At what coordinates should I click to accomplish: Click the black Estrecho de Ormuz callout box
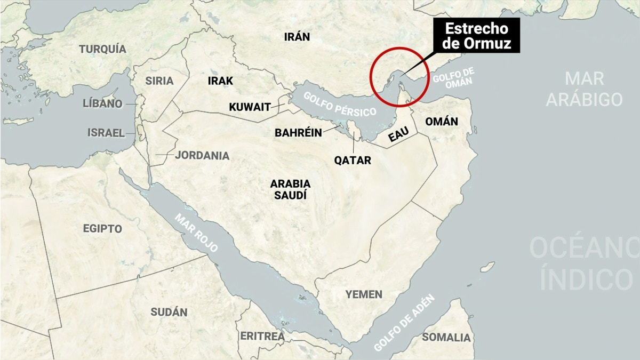pyautogui.click(x=476, y=36)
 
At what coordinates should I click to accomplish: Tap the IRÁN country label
pyautogui.click(x=297, y=36)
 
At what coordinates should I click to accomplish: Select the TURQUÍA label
pyautogui.click(x=103, y=49)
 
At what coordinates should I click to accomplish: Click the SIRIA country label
pyautogui.click(x=159, y=81)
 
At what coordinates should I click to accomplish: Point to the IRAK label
pyautogui.click(x=220, y=81)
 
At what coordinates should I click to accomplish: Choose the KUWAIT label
pyautogui.click(x=250, y=107)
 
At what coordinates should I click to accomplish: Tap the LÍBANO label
pyautogui.click(x=102, y=103)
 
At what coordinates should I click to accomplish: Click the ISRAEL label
pyautogui.click(x=106, y=133)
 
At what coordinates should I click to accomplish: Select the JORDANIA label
pyautogui.click(x=202, y=156)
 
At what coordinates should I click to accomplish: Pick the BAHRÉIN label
pyautogui.click(x=298, y=133)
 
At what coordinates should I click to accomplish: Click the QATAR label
pyautogui.click(x=352, y=159)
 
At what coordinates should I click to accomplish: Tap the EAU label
pyautogui.click(x=398, y=135)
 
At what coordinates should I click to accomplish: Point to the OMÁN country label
pyautogui.click(x=441, y=122)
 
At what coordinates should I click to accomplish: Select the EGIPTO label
pyautogui.click(x=102, y=229)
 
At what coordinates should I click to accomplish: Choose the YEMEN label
pyautogui.click(x=364, y=294)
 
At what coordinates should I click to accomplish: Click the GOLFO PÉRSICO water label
pyautogui.click(x=340, y=105)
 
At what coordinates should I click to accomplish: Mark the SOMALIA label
pyautogui.click(x=446, y=337)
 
